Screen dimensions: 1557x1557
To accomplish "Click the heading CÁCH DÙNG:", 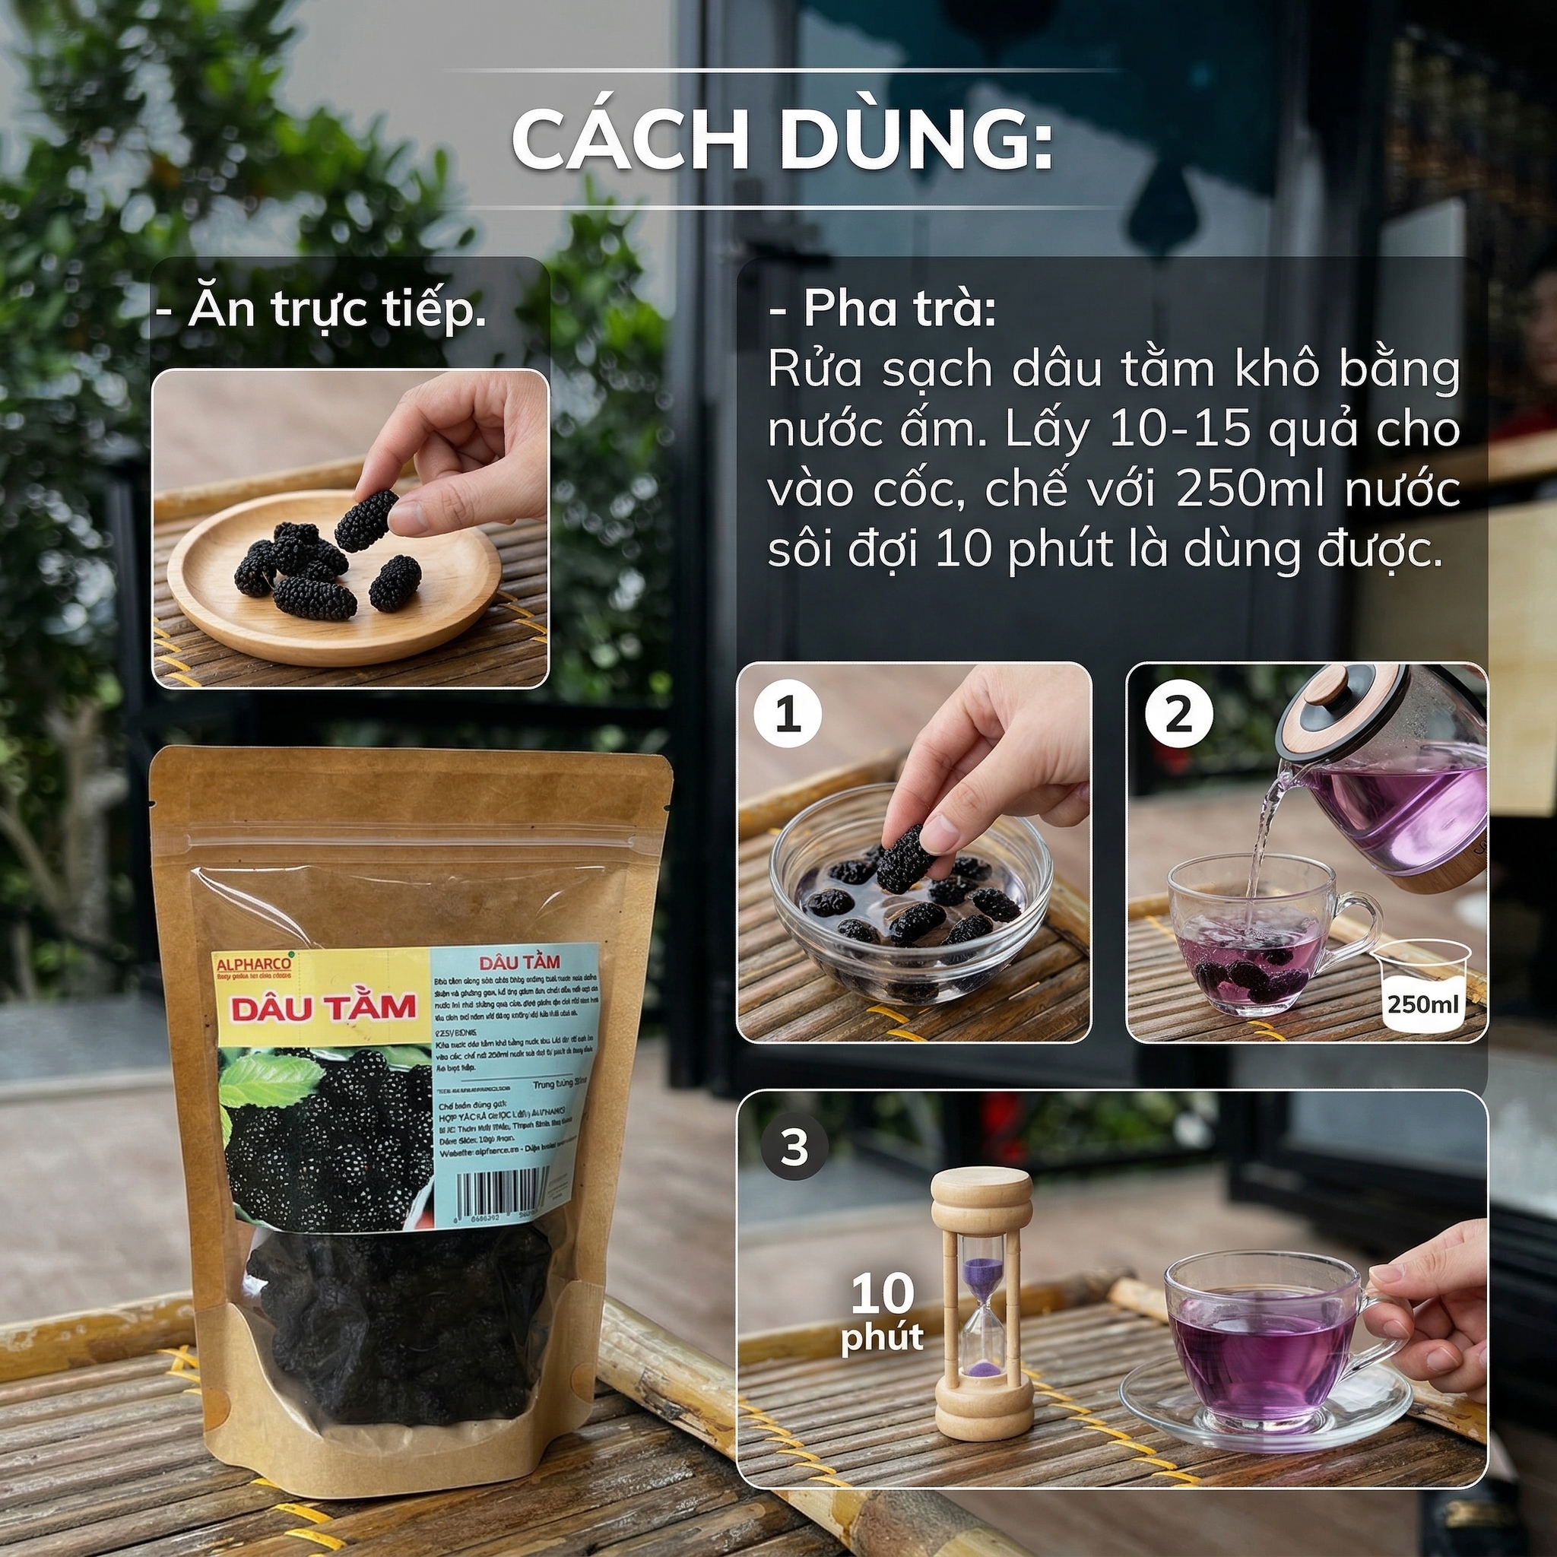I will (x=782, y=142).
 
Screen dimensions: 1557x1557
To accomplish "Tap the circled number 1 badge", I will (x=788, y=714).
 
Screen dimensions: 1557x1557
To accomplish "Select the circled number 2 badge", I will (x=1178, y=714).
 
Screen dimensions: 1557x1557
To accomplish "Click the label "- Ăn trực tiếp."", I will (x=322, y=311).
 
